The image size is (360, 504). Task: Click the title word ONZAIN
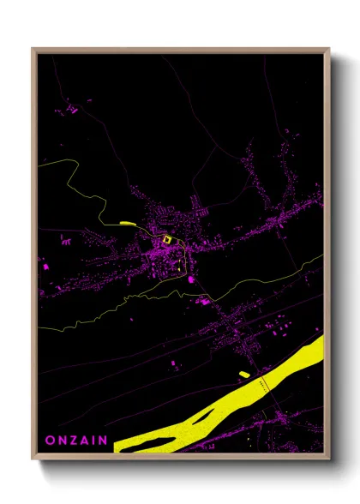click(76, 440)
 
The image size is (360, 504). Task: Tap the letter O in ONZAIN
click(50, 440)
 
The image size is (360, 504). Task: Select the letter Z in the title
click(72, 440)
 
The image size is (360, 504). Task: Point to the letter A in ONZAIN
click(84, 440)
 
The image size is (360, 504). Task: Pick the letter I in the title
click(93, 440)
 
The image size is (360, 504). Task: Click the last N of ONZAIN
click(103, 440)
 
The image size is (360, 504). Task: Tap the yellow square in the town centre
click(167, 239)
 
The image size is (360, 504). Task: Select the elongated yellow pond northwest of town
click(128, 224)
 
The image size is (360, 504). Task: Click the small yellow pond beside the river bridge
click(244, 374)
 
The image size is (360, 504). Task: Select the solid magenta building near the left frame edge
click(45, 267)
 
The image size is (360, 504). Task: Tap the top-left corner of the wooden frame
click(33, 49)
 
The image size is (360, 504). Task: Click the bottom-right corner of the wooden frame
click(328, 459)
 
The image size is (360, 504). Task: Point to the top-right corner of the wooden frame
click(328, 49)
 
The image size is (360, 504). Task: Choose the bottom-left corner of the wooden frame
click(33, 459)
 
